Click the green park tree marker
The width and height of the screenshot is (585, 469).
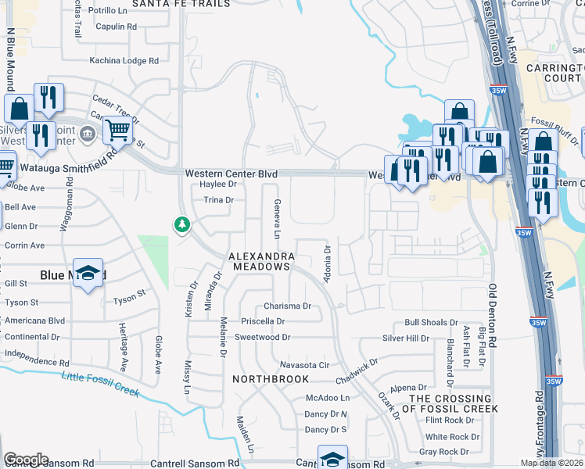(182, 225)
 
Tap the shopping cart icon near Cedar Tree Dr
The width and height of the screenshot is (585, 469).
(117, 130)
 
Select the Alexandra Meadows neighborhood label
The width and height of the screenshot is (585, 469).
(261, 261)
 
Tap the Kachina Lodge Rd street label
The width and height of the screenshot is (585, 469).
(124, 60)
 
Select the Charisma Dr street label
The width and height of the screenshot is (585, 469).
(287, 306)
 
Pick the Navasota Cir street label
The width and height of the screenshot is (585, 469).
(306, 365)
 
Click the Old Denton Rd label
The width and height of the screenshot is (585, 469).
(493, 317)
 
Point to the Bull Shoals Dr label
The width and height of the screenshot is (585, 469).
(431, 322)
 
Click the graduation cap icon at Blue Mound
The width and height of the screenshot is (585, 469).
(88, 273)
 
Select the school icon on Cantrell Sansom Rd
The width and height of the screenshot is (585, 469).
(332, 457)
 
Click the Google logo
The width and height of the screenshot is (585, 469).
(26, 460)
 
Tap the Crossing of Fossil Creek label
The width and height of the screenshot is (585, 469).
(453, 403)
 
